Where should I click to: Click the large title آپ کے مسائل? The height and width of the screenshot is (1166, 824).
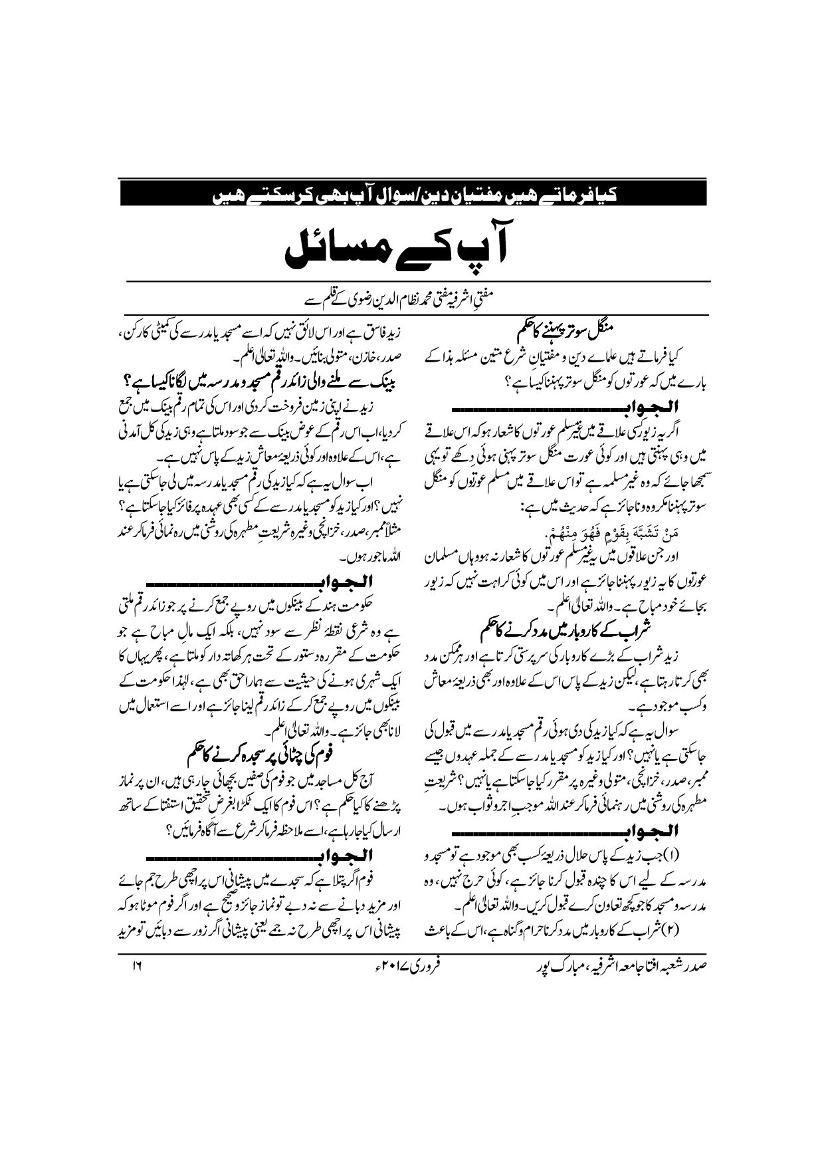point(412,247)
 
